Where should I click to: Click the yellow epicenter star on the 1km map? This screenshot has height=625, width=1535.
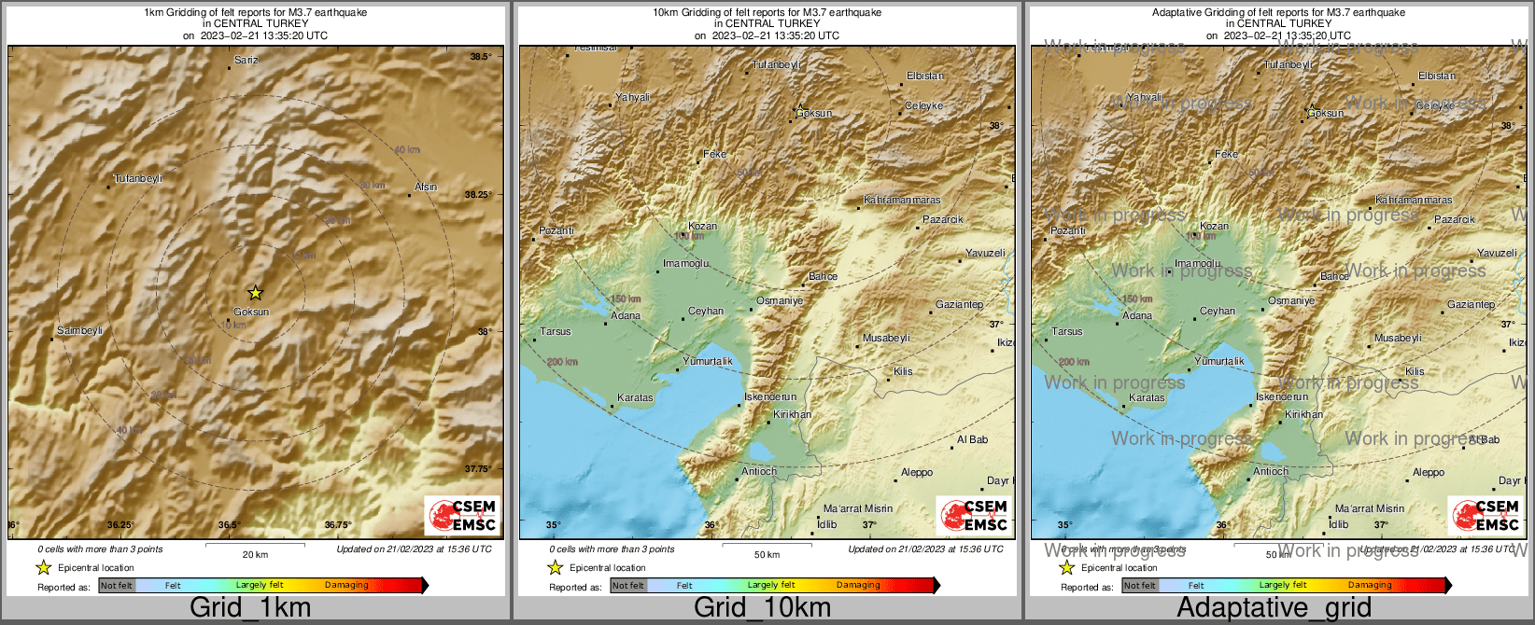point(255,293)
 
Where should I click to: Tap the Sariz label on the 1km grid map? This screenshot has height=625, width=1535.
point(246,60)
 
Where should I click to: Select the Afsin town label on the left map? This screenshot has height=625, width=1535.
point(426,187)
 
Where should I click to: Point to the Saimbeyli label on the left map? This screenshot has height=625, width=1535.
point(79,331)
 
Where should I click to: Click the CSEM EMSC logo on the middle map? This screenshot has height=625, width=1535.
point(974,515)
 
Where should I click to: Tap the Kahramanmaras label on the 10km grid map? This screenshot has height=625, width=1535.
point(902,201)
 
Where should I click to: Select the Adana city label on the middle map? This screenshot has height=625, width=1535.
point(626,315)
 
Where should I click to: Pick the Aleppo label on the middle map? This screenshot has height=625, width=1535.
point(917,472)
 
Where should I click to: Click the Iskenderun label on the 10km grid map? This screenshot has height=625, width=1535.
point(770,397)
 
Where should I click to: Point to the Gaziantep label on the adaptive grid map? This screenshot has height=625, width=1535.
point(1471,305)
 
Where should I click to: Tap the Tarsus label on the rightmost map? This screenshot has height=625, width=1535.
point(1067,331)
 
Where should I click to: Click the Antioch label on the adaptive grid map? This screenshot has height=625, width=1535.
point(1271,471)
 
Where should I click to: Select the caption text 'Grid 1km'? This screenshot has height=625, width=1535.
point(250,608)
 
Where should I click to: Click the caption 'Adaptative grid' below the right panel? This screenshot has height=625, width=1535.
point(1274,608)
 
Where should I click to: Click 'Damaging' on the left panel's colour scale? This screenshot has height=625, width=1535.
point(346,585)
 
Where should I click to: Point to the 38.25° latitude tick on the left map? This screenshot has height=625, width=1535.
point(478,195)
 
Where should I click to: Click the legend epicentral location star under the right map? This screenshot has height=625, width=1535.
point(1066,567)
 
